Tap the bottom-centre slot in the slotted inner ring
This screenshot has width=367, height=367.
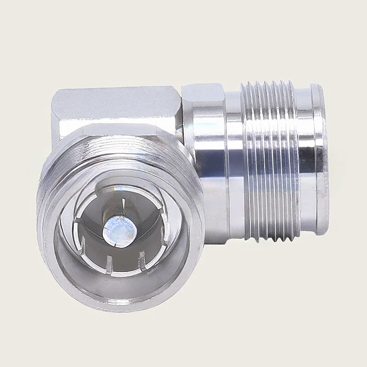click(109, 263)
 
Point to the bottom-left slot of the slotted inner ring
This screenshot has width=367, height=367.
click(83, 243)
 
